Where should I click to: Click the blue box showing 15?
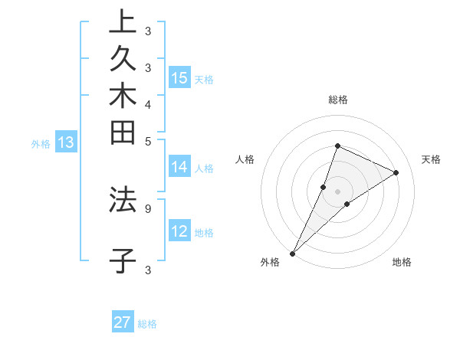[x=179, y=77]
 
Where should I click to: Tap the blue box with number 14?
[x=179, y=167]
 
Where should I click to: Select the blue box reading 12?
[x=179, y=231]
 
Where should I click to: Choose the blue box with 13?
[x=66, y=142]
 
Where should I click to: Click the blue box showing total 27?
[x=123, y=322]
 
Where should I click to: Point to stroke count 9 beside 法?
[x=148, y=207]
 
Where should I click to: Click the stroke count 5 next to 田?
[x=148, y=140]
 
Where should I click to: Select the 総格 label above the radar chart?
[x=337, y=100]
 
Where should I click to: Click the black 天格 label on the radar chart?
[x=431, y=159]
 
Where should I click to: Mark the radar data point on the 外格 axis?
[x=293, y=253]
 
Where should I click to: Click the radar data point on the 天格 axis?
[x=396, y=172]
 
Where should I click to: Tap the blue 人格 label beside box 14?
[x=204, y=169]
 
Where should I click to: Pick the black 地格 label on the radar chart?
[x=402, y=263]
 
